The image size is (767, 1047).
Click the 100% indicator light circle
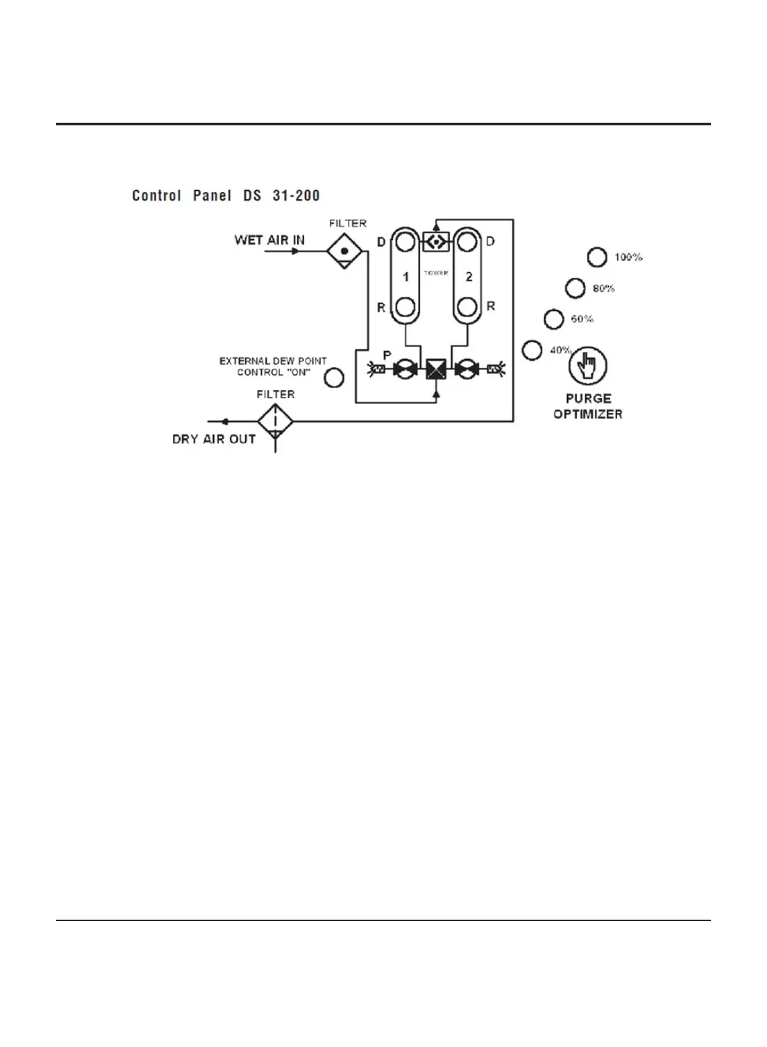coord(597,257)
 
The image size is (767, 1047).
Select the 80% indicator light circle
coord(575,288)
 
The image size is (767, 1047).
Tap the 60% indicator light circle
coord(553,319)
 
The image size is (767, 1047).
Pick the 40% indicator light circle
coord(532,350)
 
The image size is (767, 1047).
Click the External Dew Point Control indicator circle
coord(334,378)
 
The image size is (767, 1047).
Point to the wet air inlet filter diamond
coord(344,251)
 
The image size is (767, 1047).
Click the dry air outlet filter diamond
coord(275,421)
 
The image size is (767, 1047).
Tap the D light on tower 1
coord(405,241)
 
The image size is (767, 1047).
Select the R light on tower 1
coord(405,307)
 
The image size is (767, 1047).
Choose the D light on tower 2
coord(467,241)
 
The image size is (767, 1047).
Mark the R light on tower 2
coord(467,307)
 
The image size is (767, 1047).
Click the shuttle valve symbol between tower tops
coord(436,241)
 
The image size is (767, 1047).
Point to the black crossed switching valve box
coord(436,370)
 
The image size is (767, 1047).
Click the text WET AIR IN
coord(269,240)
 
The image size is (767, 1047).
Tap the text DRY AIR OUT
coord(214,439)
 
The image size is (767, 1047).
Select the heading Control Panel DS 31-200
coord(226,196)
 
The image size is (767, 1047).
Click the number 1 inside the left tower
coord(405,276)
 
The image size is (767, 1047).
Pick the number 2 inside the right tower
coord(469,276)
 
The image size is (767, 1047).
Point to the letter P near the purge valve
coord(387,355)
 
